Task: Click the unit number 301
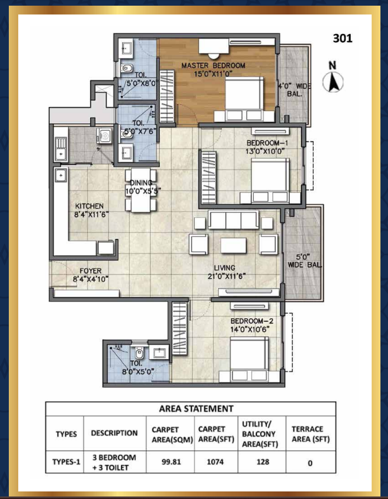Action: [343, 38]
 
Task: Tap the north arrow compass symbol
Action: [333, 77]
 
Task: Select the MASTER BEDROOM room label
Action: [213, 66]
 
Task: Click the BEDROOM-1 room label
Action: [267, 143]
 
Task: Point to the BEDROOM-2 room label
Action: [252, 321]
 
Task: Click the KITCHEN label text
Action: [89, 206]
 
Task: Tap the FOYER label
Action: [91, 271]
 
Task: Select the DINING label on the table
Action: [141, 183]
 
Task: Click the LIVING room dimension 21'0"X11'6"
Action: [227, 276]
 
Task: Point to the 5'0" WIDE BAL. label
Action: [304, 261]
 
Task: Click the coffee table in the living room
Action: [234, 245]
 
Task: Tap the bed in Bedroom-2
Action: [249, 359]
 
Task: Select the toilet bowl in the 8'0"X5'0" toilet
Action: [139, 352]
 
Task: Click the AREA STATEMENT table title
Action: [197, 409]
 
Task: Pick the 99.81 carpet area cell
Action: [171, 462]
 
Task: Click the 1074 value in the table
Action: [215, 462]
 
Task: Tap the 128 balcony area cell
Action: [263, 462]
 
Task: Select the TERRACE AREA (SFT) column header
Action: [311, 434]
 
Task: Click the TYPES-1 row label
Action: [66, 462]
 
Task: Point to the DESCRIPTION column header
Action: [114, 433]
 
